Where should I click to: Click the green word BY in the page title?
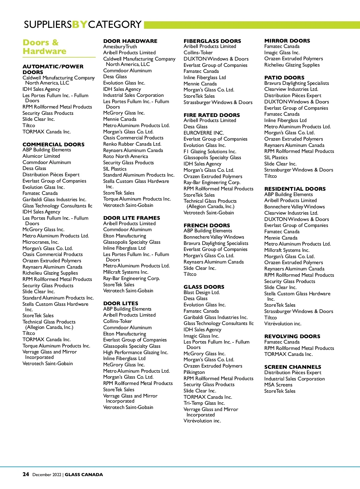pos(80,24)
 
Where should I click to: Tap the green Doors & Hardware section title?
pos(44,47)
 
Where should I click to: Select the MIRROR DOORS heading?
pos(287,41)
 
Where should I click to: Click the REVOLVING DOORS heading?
pos(292,336)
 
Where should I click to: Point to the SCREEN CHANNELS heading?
pos(292,367)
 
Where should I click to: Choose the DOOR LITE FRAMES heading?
pos(131,218)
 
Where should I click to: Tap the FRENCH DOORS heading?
pos(207,225)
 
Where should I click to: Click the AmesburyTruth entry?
pos(120,46)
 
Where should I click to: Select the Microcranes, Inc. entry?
pos(40,242)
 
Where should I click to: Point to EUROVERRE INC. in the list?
pos(204,133)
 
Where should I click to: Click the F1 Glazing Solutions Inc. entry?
pos(210,151)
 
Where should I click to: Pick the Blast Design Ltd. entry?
pos(202,292)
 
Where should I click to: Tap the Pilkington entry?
pos(194,372)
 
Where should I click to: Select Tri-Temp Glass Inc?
pos(204,403)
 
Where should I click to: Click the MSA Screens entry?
pos(278,385)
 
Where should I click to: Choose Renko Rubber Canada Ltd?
pos(132,144)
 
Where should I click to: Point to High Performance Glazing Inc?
pos(136,352)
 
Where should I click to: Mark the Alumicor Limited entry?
pos(41,156)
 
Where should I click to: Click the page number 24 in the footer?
pos(26,474)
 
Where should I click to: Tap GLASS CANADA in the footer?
pos(84,475)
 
